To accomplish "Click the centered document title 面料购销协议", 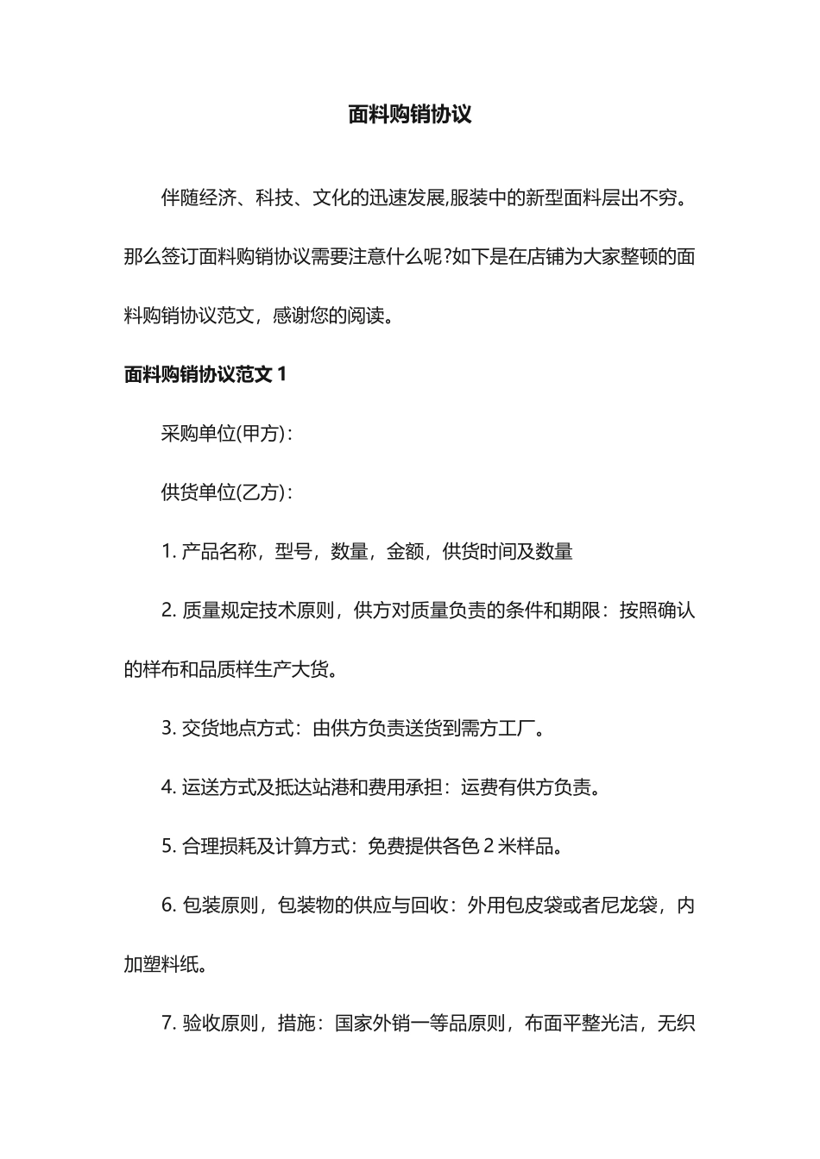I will click(410, 115).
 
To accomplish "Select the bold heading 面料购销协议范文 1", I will click(205, 374).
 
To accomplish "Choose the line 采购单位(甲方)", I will click(226, 434).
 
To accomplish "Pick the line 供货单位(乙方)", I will click(226, 492).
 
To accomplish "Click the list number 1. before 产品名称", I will click(169, 552).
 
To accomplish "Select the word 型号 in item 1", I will click(293, 552).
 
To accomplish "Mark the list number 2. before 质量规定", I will click(169, 611).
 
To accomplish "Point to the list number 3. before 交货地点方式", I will click(169, 729).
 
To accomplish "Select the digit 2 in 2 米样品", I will click(489, 846).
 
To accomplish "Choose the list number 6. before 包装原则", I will click(169, 905).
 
